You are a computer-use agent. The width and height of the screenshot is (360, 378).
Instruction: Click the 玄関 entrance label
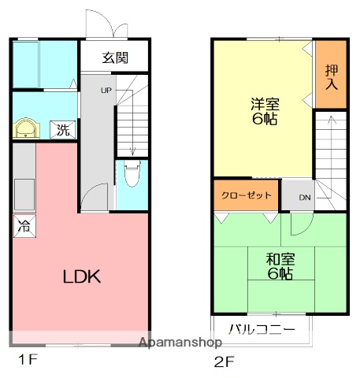point(114,57)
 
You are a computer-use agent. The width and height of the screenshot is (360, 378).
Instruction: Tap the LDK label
point(82,276)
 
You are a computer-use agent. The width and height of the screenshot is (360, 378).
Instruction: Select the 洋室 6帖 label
point(264,112)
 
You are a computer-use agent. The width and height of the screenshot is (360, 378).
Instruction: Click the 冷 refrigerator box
point(24,228)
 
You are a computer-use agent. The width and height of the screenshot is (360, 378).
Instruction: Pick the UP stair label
point(106,91)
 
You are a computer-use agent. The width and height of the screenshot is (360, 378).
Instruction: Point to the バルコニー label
point(262,328)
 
